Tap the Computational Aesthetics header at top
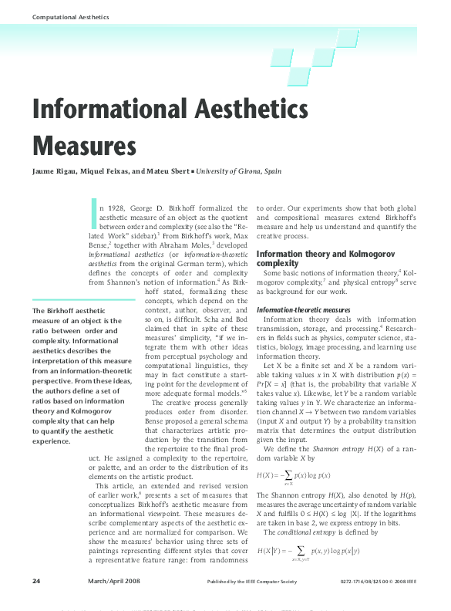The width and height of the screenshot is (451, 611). pyautogui.click(x=60, y=16)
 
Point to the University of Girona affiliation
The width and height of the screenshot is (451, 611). pyautogui.click(x=239, y=170)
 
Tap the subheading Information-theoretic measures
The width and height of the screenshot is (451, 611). pyautogui.click(x=305, y=310)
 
